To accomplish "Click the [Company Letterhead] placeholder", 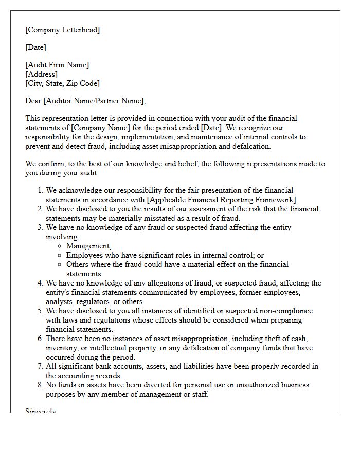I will pyautogui.click(x=62, y=30).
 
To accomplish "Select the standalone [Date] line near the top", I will pyautogui.click(x=35, y=47).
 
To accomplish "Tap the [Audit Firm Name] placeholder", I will pyautogui.click(x=57, y=65).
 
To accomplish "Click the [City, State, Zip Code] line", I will pyautogui.click(x=62, y=83).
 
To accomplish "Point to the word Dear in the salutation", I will pyautogui.click(x=33, y=101).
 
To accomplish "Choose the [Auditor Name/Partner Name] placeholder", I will pyautogui.click(x=94, y=101).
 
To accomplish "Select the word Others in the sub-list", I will pyautogui.click(x=77, y=264).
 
